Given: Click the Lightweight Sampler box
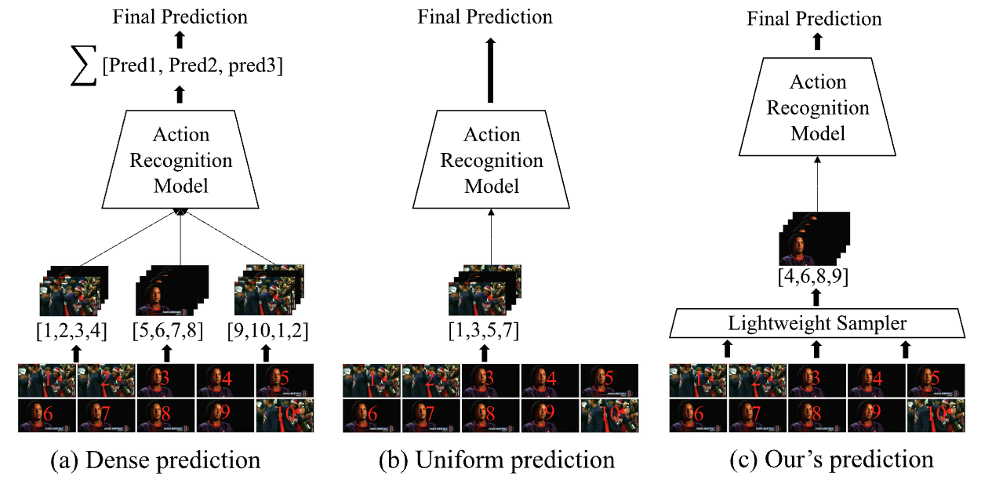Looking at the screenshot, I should [x=816, y=322].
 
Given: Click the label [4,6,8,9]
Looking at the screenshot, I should [x=817, y=276].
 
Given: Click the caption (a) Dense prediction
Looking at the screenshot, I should [x=154, y=460].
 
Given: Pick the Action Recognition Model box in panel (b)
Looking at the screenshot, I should [x=492, y=161].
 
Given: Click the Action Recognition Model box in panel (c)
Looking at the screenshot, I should [x=818, y=108].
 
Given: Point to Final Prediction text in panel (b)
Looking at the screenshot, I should [x=485, y=16].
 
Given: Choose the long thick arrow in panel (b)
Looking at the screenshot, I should [x=491, y=71].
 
